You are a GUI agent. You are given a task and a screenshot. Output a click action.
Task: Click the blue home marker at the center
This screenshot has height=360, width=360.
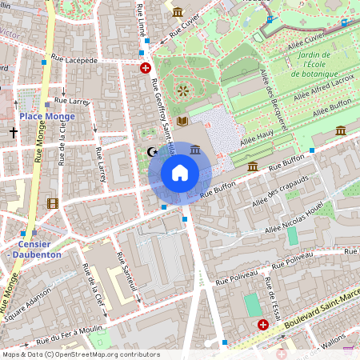coord(180,173)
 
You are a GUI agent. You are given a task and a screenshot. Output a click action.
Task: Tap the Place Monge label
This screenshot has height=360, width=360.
coord(47,117)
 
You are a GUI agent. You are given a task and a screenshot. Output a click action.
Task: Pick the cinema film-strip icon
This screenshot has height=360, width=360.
coord(53,203)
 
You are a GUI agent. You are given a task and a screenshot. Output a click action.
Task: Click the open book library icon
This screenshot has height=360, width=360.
coord(182,121)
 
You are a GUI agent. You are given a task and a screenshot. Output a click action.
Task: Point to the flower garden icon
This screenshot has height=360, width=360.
coord(183,90)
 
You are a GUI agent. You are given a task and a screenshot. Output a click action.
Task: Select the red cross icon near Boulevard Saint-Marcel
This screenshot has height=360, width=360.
coord(263,324)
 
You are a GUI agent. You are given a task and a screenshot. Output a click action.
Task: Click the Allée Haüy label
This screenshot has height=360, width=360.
coord(258,141)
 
